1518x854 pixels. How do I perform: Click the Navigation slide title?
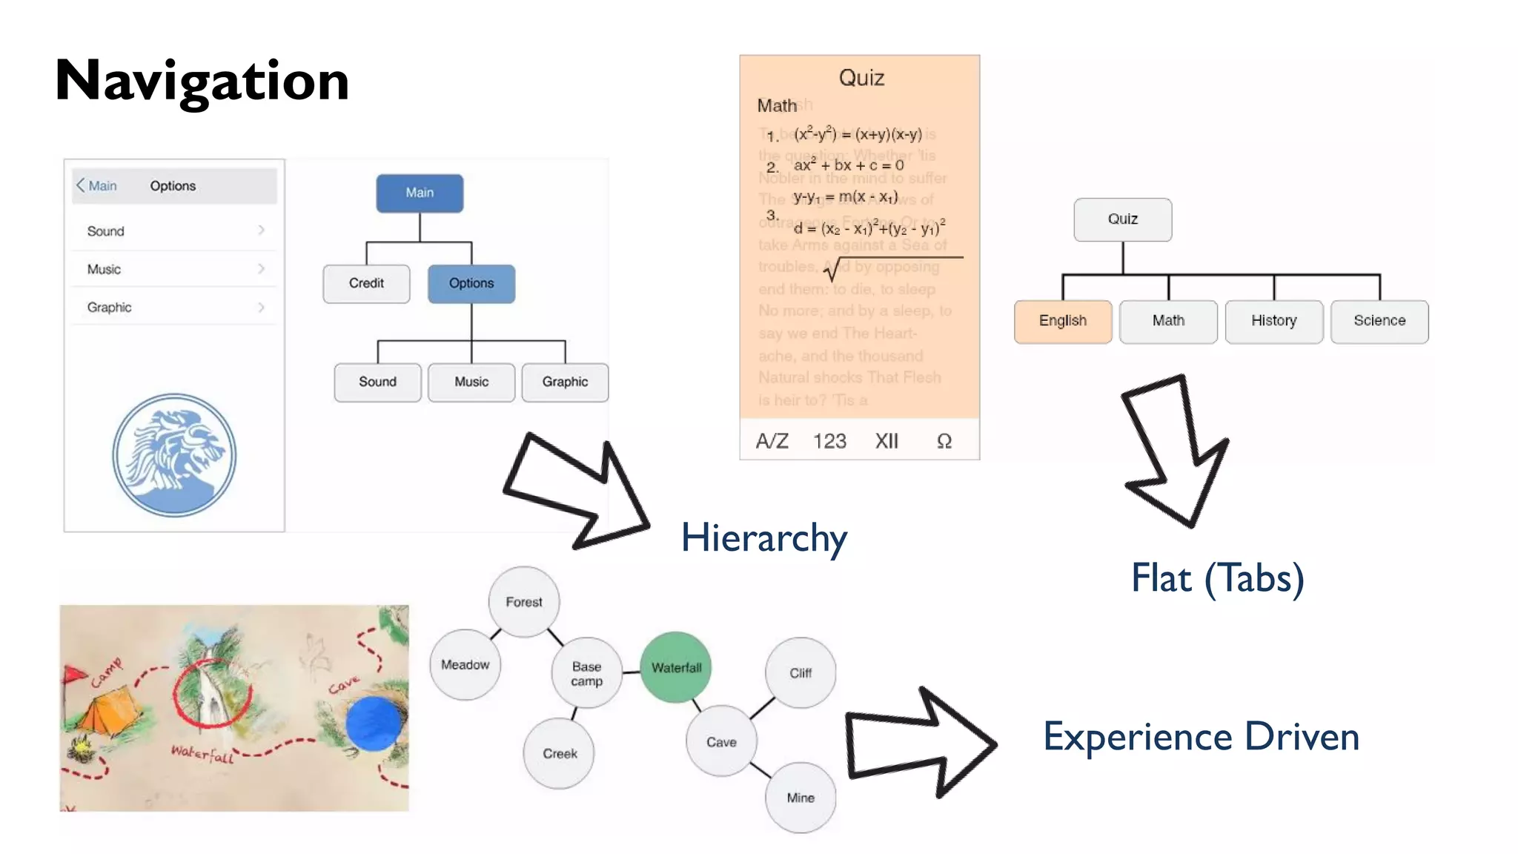(202, 80)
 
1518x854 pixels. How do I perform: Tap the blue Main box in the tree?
(420, 193)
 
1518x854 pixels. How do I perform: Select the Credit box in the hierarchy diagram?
(366, 283)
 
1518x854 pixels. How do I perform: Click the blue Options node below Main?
(471, 283)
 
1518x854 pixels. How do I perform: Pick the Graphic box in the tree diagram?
(565, 382)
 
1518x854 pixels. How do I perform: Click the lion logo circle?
(174, 454)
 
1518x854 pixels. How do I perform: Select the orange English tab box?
(1063, 321)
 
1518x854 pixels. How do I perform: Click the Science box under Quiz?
(1379, 321)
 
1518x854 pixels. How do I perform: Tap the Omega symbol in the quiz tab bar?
(944, 441)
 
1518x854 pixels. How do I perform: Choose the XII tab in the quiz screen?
(886, 441)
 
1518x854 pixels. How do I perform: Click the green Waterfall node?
(676, 667)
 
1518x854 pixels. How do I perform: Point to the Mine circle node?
(801, 798)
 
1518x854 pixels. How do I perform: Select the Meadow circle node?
(465, 665)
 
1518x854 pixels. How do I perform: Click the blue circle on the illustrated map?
(374, 723)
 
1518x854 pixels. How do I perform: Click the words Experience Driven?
(1201, 737)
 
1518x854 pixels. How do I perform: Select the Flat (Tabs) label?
(1217, 578)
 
